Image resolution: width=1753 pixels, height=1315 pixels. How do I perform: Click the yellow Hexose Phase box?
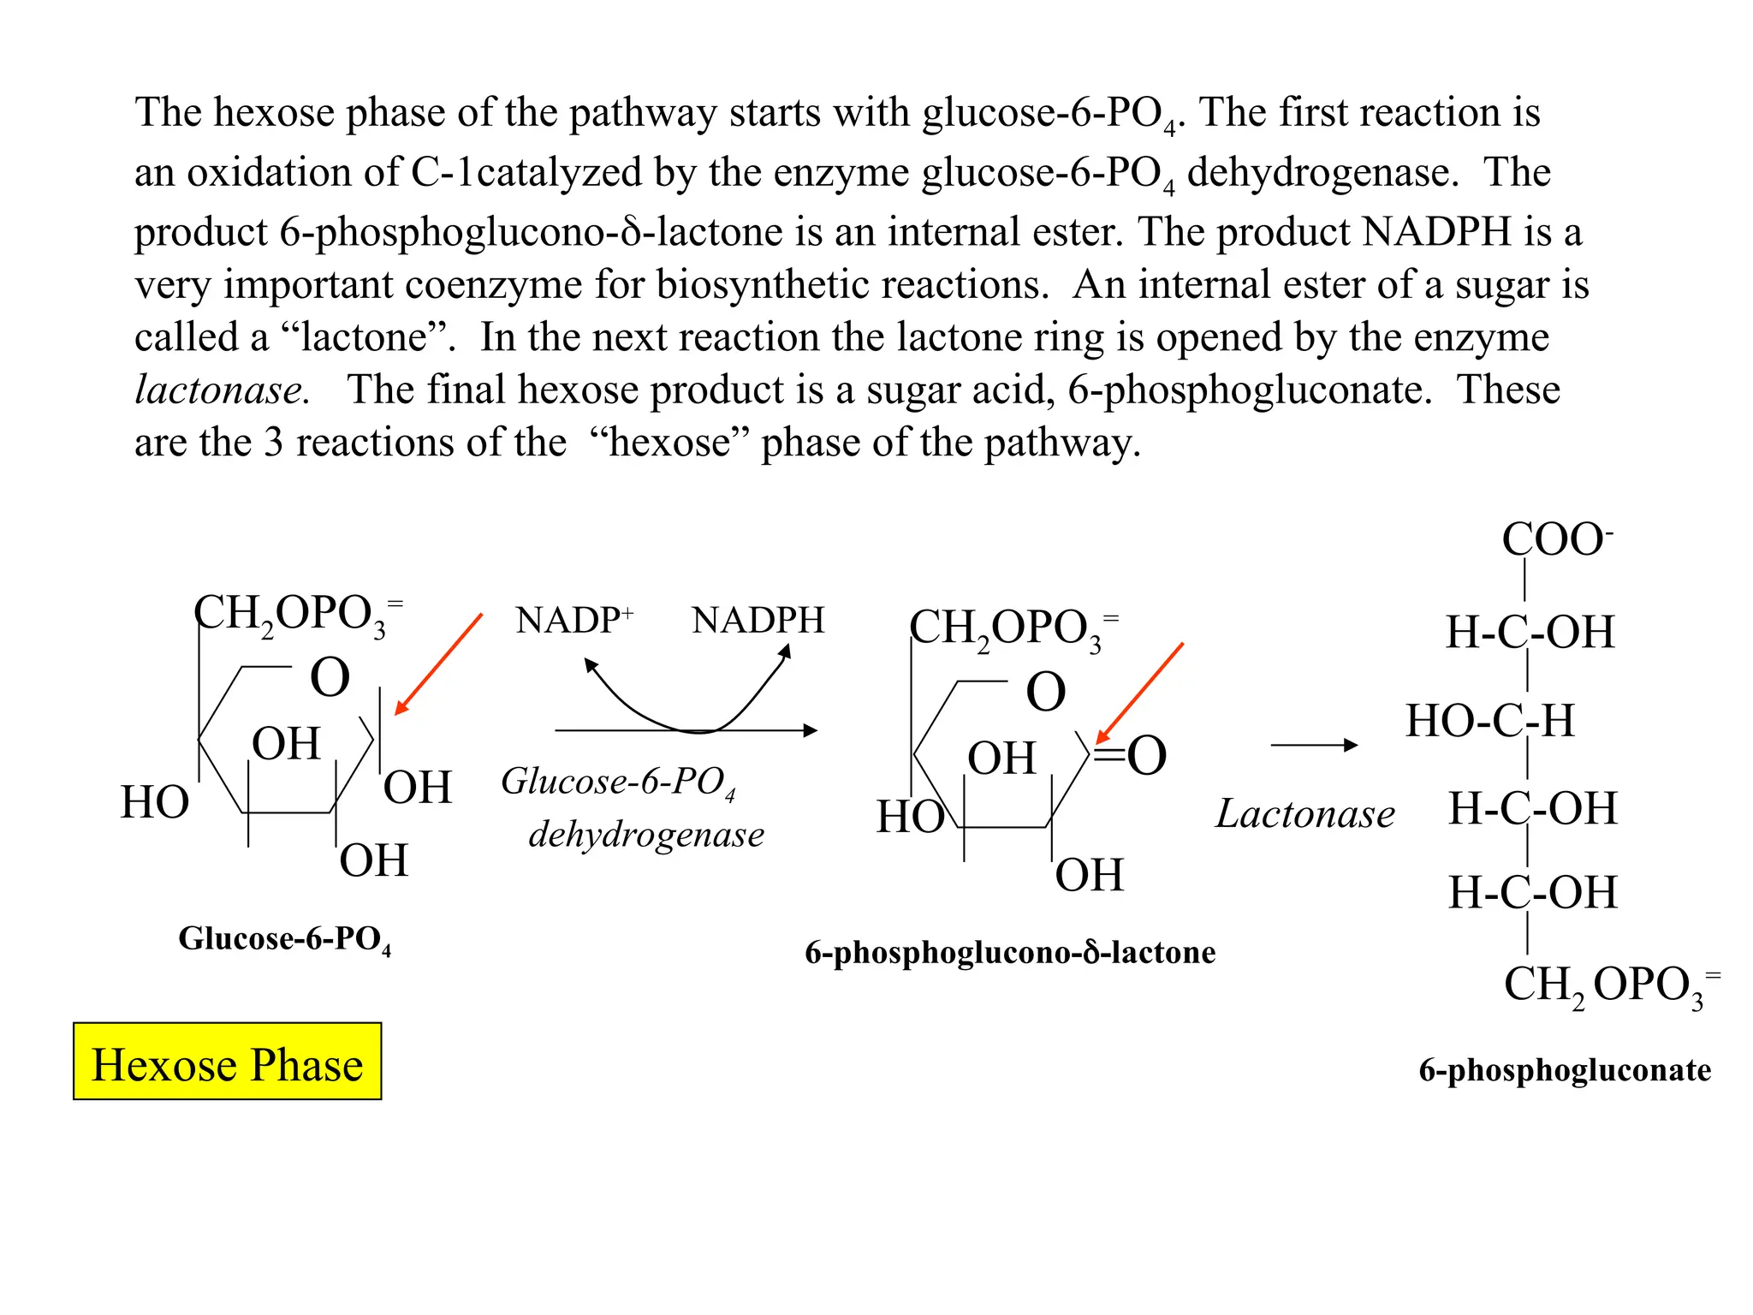coord(228,1062)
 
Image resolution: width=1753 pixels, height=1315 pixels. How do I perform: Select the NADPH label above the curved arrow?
coord(758,620)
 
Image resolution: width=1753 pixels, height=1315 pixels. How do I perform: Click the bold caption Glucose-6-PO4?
coord(284,939)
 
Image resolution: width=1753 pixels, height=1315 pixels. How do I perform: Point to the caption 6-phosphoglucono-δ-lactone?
coord(1010,952)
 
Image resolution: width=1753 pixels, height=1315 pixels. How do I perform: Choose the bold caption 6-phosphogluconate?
coord(1565,1069)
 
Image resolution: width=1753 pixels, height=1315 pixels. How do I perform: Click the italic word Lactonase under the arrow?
coord(1305,813)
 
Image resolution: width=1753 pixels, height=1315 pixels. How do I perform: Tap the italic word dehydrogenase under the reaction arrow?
coord(646,834)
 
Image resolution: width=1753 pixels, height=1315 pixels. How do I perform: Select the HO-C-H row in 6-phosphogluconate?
coord(1490,720)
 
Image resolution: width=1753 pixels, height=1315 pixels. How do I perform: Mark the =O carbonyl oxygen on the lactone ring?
coord(1145,755)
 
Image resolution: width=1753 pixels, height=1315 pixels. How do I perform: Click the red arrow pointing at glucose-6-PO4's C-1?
coord(438,663)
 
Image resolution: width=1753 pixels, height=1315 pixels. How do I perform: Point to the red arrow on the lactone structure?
coord(1139,693)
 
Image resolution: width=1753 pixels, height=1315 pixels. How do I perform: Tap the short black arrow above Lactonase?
coord(1314,745)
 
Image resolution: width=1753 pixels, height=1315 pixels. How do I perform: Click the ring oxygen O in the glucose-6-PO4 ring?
coord(330,677)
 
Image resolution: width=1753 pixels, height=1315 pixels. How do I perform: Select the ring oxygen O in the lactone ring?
coord(1046,691)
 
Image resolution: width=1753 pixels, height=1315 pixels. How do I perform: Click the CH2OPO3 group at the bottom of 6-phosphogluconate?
coord(1609,985)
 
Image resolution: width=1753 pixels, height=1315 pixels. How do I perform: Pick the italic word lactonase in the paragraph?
coord(222,390)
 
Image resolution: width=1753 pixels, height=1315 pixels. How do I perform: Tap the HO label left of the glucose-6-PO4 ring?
coord(155,802)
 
